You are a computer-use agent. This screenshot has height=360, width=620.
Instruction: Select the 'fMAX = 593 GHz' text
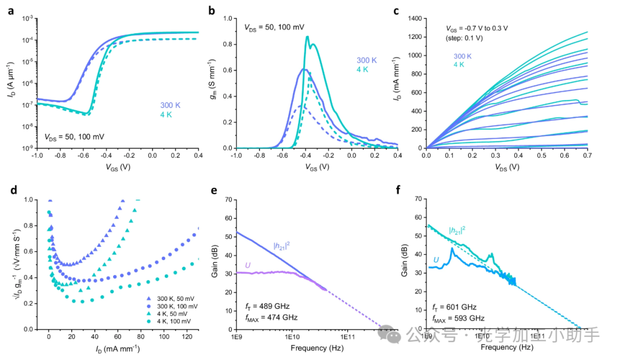point(458,318)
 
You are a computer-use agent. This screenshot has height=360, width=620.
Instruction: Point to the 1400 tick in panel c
point(413,19)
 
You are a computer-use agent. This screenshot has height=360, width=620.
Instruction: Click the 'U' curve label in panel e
point(247,265)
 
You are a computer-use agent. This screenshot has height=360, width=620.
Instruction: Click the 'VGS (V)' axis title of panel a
point(117,169)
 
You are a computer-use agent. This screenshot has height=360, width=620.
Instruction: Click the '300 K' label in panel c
point(463,56)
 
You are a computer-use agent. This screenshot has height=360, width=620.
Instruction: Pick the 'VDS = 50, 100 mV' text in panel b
point(274,28)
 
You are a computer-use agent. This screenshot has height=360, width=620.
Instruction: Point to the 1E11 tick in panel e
point(347,337)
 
